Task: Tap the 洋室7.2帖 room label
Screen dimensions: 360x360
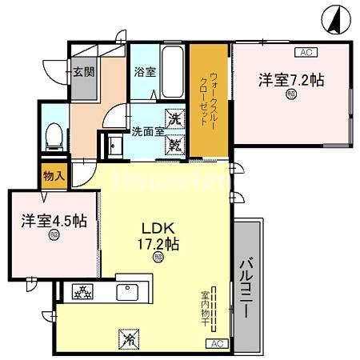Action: click(x=290, y=79)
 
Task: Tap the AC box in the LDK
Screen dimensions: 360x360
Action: click(x=215, y=343)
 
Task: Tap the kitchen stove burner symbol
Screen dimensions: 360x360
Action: click(x=83, y=293)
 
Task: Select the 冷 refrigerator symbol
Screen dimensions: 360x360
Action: click(x=129, y=338)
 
